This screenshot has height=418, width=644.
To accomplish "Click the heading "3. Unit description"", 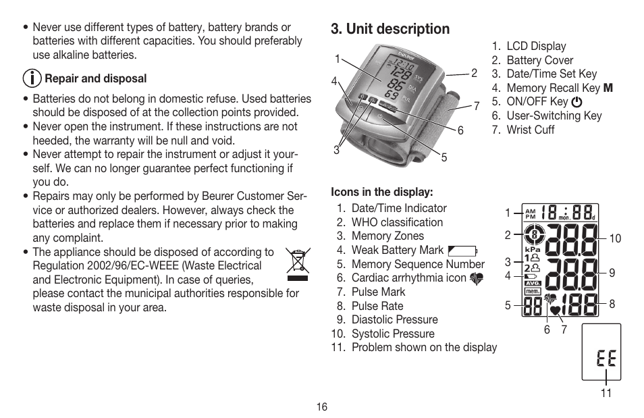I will (390, 29).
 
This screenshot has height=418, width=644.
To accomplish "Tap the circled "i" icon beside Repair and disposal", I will (31, 78).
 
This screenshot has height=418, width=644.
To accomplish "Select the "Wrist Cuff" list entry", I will (530, 130).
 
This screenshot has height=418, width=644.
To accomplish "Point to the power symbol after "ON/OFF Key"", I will (576, 102).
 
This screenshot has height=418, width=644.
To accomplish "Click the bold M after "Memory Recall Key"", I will (608, 88).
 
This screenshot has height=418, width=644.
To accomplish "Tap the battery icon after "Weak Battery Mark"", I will (462, 251).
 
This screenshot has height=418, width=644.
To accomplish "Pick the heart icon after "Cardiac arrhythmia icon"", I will (477, 278).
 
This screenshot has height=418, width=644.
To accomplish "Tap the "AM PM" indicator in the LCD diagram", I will (530, 213).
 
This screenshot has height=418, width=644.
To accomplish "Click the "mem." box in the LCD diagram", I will (533, 291).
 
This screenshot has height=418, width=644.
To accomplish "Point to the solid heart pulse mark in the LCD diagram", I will (556, 310).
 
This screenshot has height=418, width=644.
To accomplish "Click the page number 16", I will (321, 407).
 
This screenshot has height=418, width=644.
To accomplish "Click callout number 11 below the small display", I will (606, 393).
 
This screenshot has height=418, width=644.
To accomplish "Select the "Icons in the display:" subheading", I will (381, 192).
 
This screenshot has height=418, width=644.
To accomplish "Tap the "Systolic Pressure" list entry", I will (393, 334).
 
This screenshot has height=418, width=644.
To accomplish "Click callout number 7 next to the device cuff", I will (476, 106).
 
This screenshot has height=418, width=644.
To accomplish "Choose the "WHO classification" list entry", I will (397, 222).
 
